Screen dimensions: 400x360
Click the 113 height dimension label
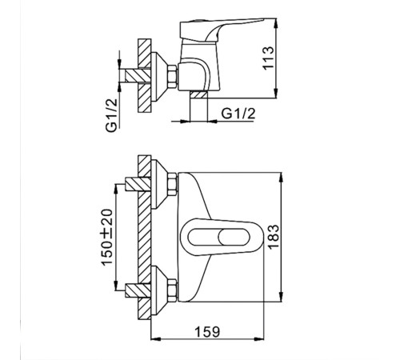(x=268, y=58)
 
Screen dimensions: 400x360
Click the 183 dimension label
(x=273, y=238)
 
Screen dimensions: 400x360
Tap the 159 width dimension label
(x=207, y=332)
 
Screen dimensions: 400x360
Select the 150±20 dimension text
(x=107, y=238)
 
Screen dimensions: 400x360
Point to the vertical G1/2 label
(x=111, y=115)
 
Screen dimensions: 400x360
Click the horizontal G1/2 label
(x=238, y=114)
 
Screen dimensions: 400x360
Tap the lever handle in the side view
(x=222, y=29)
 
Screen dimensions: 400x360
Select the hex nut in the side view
(x=173, y=76)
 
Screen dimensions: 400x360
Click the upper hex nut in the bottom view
(x=173, y=185)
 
